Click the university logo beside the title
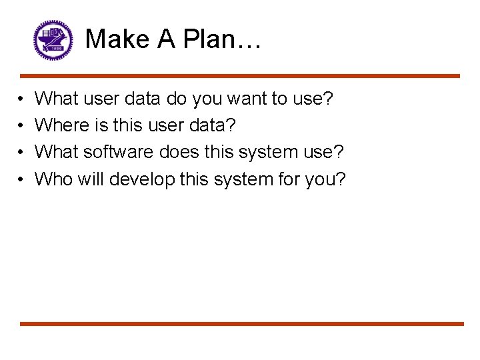52,39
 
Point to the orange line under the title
240,76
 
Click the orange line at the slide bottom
240,324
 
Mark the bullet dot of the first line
22,99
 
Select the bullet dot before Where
22,126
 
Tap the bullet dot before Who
22,179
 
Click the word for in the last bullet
279,179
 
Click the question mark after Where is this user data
231,125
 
